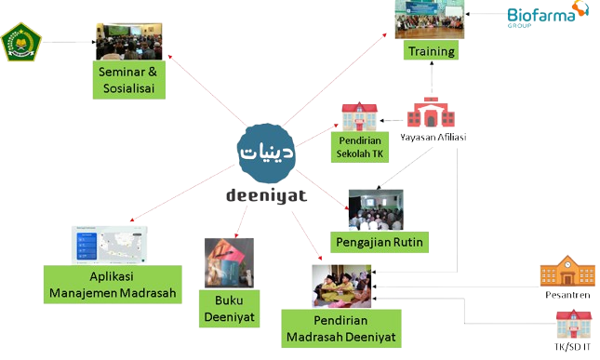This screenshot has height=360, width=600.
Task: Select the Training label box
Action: [x=432, y=52]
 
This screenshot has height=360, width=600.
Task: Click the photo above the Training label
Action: [x=430, y=20]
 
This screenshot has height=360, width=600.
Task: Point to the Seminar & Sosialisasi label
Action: [x=129, y=81]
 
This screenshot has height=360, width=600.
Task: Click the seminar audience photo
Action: [x=129, y=41]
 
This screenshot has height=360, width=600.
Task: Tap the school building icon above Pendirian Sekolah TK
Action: [x=359, y=116]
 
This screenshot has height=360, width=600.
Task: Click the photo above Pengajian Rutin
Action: [x=376, y=209]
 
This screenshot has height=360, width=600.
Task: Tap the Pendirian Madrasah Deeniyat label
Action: [x=340, y=328]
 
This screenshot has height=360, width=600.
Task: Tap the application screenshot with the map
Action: [x=110, y=245]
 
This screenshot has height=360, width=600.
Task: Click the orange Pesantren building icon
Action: [x=566, y=272]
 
